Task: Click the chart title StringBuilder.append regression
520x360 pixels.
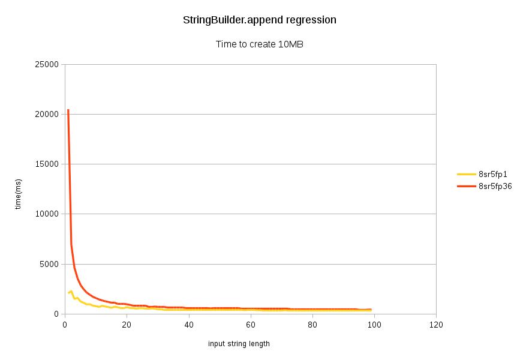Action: [259, 20]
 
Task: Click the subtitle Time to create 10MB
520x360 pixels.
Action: [259, 44]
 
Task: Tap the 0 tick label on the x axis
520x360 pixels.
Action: [65, 325]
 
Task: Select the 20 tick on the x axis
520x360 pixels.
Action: [127, 325]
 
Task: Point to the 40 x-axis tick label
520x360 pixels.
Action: [188, 325]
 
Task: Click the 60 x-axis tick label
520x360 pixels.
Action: [250, 325]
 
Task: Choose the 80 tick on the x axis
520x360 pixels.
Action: [312, 325]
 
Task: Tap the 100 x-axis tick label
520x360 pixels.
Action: [374, 325]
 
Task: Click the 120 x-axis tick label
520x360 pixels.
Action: [436, 325]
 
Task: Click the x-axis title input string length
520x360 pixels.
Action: [239, 344]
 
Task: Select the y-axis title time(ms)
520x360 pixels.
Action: [19, 194]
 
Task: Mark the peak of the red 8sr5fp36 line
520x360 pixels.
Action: [68, 110]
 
